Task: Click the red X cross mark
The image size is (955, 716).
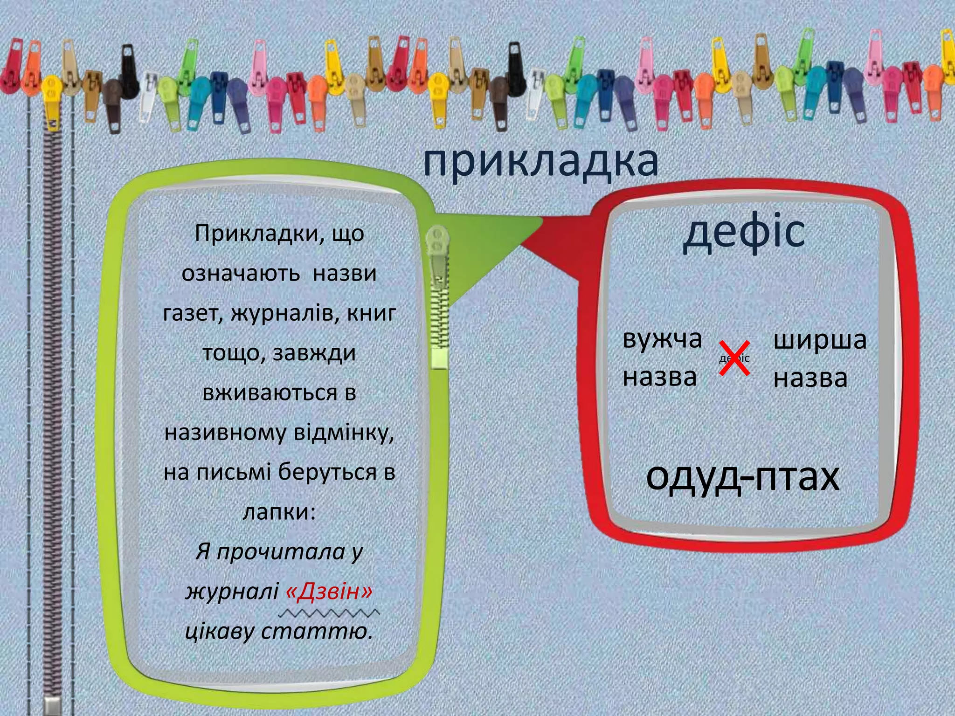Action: click(734, 358)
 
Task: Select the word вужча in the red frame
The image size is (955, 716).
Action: click(662, 339)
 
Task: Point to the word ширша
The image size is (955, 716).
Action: click(820, 340)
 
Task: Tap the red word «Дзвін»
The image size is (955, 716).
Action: click(329, 592)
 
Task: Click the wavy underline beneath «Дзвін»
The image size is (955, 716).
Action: click(332, 612)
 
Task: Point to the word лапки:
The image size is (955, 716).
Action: click(279, 512)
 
